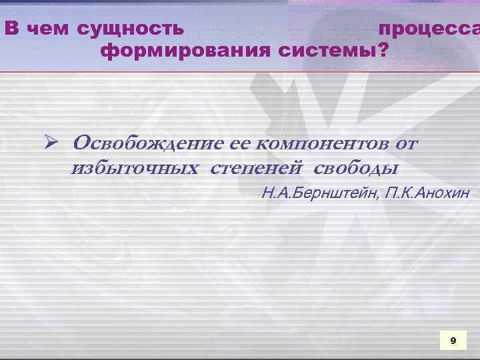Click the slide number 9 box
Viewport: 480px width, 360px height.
453,341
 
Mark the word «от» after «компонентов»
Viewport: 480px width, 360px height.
406,143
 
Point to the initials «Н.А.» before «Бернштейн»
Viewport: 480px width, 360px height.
275,193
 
